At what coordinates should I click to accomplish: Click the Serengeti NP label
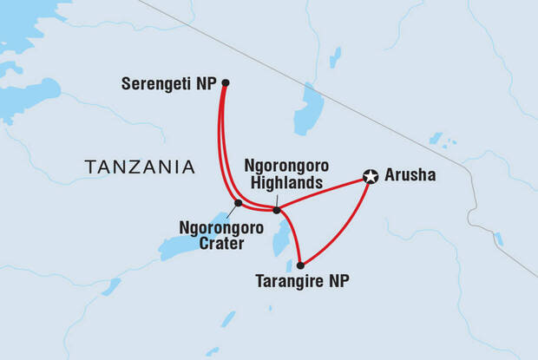(x=170, y=84)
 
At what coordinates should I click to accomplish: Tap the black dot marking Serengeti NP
(x=225, y=83)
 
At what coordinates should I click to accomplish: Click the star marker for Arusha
(x=371, y=177)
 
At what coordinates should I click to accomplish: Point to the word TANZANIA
(x=139, y=166)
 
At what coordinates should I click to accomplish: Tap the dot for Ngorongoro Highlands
(x=277, y=210)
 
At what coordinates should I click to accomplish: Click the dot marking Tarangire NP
(x=300, y=265)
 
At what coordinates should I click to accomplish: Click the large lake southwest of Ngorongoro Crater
(x=187, y=246)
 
